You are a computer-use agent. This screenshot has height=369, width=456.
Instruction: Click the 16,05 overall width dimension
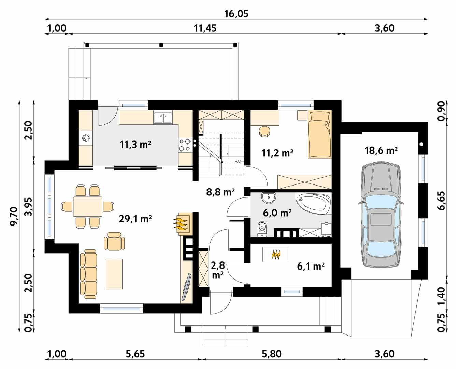click(x=236, y=14)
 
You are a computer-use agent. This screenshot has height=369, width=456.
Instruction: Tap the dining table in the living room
click(x=88, y=206)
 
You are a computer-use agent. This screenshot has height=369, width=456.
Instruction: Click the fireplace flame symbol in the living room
click(x=182, y=224)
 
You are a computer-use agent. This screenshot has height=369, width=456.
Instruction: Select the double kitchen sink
click(x=163, y=118)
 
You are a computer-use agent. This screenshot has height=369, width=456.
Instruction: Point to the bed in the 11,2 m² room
click(x=319, y=134)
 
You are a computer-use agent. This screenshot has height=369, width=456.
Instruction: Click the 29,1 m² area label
click(x=135, y=219)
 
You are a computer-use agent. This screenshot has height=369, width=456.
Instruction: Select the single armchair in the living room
click(x=114, y=241)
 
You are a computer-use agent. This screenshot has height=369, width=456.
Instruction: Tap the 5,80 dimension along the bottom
click(x=272, y=354)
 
